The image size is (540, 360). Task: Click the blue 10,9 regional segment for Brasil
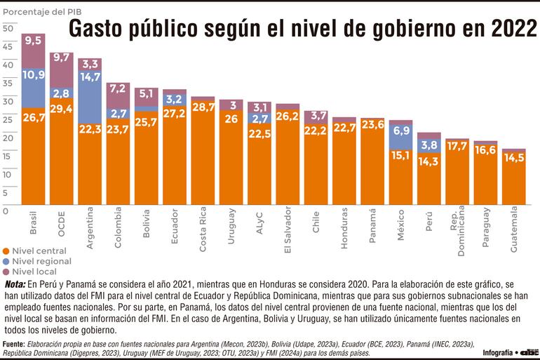click(x=34, y=74)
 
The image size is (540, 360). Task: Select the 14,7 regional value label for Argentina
click(x=90, y=78)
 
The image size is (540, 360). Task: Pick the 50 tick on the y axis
click(x=8, y=29)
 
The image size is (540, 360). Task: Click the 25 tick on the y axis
click(x=8, y=119)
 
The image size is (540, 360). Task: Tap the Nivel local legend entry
click(x=33, y=271)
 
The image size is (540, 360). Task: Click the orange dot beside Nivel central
click(x=6, y=251)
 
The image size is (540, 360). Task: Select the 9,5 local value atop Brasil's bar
click(x=34, y=41)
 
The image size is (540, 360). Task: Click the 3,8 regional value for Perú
click(x=428, y=145)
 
